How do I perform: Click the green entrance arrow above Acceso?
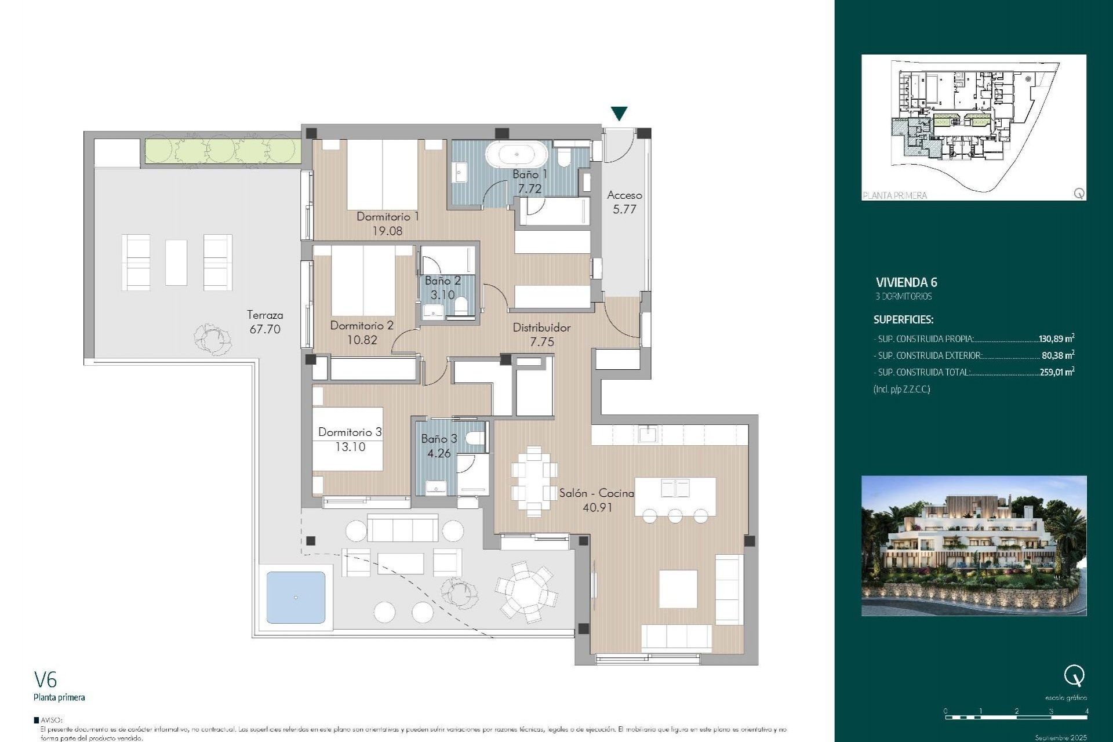[619, 113]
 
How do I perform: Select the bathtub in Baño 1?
[516, 155]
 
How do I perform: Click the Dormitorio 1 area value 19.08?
[387, 231]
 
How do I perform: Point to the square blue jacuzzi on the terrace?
[296, 598]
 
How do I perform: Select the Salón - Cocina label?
[596, 493]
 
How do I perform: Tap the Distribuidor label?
[541, 328]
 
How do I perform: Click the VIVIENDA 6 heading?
[906, 282]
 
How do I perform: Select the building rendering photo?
[973, 545]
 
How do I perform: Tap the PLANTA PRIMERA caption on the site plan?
[894, 195]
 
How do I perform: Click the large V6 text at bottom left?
[45, 679]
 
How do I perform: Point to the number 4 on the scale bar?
[1086, 711]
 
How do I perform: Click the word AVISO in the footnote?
[51, 720]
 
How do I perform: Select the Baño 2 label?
[442, 281]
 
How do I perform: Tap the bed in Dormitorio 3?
[348, 439]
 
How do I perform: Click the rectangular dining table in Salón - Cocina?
[534, 481]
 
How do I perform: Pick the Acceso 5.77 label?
[624, 202]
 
